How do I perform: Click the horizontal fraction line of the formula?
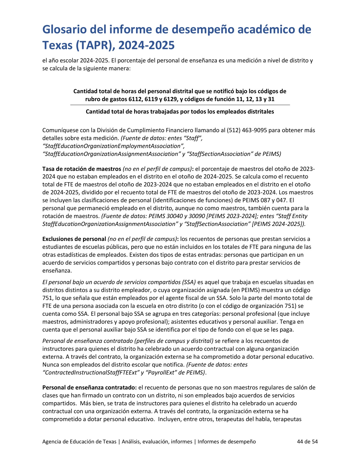tap(180, 105)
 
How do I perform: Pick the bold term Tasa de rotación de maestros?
tap(82, 169)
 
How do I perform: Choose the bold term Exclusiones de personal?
tap(74, 239)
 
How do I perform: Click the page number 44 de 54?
tap(307, 442)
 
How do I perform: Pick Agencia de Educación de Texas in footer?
tap(79, 442)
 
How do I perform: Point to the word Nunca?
tap(50, 365)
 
